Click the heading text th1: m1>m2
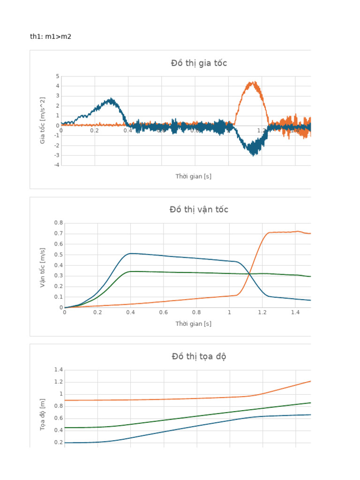[51, 37]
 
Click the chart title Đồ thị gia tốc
[199, 63]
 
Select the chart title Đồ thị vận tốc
[199, 210]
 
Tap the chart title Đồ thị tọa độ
[199, 357]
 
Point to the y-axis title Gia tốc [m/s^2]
[43, 120]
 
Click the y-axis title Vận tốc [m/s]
[43, 268]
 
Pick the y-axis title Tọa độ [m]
[43, 415]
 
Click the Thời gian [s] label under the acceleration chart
[193, 176]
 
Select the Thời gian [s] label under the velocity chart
[193, 323]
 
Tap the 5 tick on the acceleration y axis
[57, 76]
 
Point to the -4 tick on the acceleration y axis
[56, 165]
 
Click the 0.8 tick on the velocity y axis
[58, 223]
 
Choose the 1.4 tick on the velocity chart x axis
[295, 312]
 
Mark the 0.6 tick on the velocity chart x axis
[163, 312]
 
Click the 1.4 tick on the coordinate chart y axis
[58, 370]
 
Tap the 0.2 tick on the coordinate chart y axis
[58, 442]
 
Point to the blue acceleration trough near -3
[254, 153]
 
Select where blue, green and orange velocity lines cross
[249, 274]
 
